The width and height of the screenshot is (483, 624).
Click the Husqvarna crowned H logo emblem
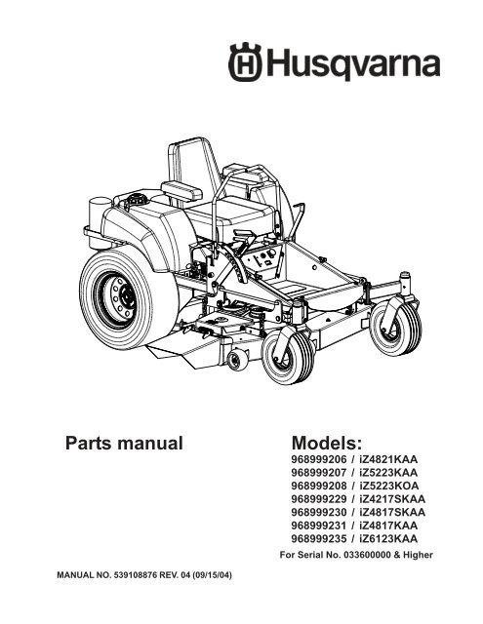[x=245, y=61]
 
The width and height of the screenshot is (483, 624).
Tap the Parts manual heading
[x=124, y=443]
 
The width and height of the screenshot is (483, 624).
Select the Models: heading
[x=327, y=443]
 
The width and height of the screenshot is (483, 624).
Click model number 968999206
[x=319, y=459]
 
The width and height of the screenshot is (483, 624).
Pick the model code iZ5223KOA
[x=388, y=486]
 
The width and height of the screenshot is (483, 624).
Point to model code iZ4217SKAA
[x=392, y=498]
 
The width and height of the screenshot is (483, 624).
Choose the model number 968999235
[x=319, y=538]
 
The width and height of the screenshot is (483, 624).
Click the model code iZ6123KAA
[x=388, y=538]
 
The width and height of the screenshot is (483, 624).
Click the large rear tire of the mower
[x=127, y=297]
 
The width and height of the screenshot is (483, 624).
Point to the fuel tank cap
[x=136, y=199]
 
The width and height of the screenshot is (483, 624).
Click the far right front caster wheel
[x=395, y=326]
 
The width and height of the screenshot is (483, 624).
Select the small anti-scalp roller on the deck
[x=238, y=360]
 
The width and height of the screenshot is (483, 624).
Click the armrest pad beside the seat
[x=181, y=191]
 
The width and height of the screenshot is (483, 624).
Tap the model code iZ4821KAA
[x=388, y=459]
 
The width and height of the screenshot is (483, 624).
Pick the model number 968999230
[x=319, y=512]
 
